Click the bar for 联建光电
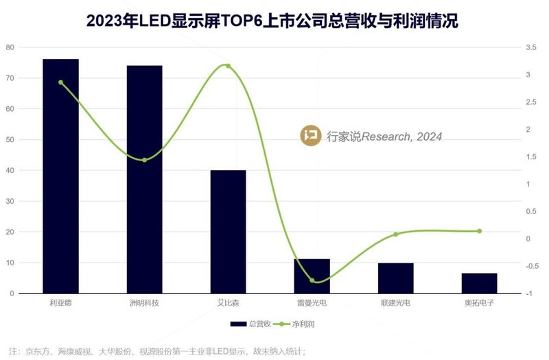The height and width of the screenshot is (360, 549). pyautogui.click(x=395, y=278)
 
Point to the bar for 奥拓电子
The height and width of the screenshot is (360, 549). pyautogui.click(x=479, y=283)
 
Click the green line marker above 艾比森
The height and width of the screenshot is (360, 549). pyautogui.click(x=228, y=66)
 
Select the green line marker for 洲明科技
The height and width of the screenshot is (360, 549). pyautogui.click(x=144, y=160)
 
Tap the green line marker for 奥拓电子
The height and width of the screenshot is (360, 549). pyautogui.click(x=479, y=231)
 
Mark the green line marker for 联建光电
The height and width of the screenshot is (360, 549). pyautogui.click(x=395, y=235)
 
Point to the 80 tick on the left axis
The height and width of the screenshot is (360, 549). pyautogui.click(x=10, y=47)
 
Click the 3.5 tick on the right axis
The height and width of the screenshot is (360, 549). pyautogui.click(x=529, y=47)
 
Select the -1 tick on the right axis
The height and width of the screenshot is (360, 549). pyautogui.click(x=528, y=293)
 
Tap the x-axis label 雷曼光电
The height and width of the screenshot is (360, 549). pyautogui.click(x=312, y=302)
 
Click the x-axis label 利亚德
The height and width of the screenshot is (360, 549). pyautogui.click(x=60, y=302)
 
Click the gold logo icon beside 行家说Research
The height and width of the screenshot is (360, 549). pyautogui.click(x=311, y=136)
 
